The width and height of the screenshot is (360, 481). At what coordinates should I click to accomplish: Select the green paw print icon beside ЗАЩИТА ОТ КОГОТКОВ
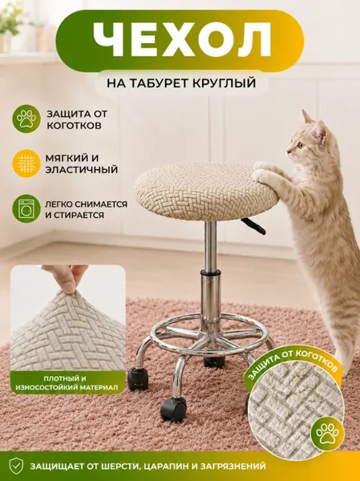point(26,119)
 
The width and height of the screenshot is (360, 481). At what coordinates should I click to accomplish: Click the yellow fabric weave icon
point(26,164)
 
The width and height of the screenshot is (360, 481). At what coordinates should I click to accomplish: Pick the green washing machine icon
point(26,208)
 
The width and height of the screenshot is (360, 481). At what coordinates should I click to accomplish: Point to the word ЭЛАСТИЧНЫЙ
point(82,170)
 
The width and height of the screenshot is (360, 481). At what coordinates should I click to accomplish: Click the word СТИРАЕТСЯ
point(79,215)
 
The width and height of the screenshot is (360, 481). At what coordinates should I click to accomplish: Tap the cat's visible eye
point(301,144)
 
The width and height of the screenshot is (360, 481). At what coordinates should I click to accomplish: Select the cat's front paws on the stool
point(266,172)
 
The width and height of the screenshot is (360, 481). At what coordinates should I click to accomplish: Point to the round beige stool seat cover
point(207,188)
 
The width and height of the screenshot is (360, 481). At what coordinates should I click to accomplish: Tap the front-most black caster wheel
point(173,408)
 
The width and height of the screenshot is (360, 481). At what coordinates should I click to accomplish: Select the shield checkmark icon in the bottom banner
point(16,466)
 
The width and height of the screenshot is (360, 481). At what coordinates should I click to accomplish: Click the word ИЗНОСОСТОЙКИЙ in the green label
point(46,388)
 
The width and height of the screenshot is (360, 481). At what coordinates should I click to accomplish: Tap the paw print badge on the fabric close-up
point(328,434)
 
